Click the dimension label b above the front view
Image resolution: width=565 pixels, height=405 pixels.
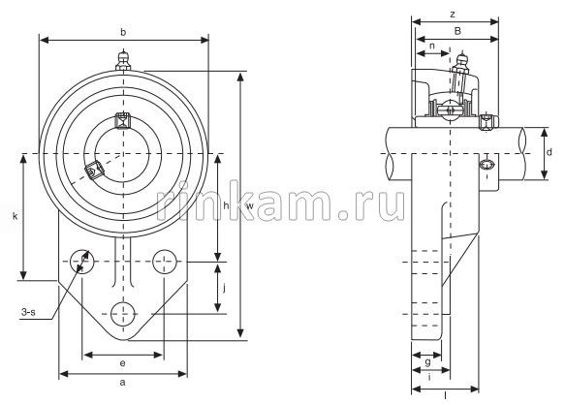click(123, 32)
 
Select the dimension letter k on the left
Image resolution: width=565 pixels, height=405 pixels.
click(15, 216)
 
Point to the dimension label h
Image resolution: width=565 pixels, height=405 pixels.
click(225, 205)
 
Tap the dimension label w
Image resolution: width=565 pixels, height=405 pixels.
click(249, 205)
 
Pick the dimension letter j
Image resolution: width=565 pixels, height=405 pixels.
click(225, 288)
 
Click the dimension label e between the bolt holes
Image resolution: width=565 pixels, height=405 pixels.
click(122, 362)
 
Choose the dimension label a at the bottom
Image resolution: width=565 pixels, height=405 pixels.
click(122, 383)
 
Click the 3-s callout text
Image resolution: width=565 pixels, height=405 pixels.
click(30, 312)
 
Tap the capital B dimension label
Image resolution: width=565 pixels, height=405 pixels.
click(456, 31)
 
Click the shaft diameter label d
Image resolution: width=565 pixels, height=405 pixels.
click(548, 153)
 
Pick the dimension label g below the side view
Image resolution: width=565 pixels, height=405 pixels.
click(427, 361)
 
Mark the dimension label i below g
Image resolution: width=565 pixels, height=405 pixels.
click(427, 378)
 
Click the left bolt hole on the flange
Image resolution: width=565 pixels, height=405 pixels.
click(81, 261)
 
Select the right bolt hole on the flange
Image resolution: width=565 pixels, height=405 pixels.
click(165, 261)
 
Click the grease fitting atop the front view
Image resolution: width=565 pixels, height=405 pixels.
click(123, 63)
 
